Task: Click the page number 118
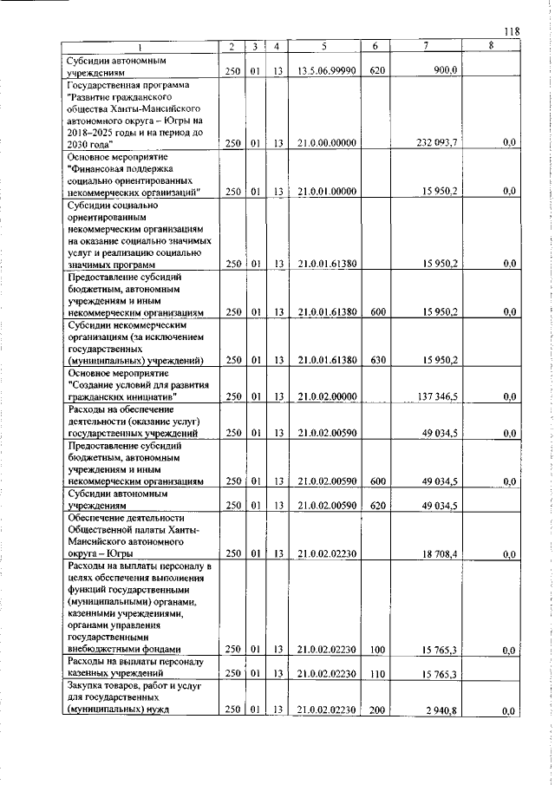point(511,31)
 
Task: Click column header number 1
point(140,45)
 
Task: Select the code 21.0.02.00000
point(325,396)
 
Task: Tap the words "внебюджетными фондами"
point(123,649)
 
